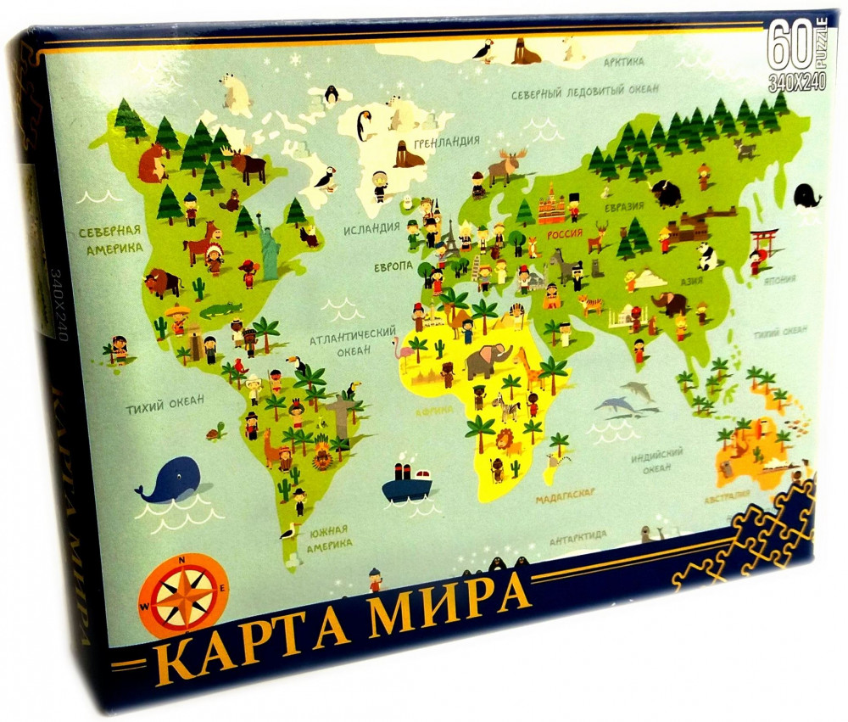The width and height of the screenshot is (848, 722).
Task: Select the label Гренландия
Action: [449, 141]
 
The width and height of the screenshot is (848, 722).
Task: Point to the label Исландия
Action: [371, 228]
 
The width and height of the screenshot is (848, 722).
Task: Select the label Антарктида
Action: [577, 535]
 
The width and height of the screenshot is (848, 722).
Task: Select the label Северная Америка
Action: [107, 238]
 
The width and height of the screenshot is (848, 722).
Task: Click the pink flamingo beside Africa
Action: [399, 348]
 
